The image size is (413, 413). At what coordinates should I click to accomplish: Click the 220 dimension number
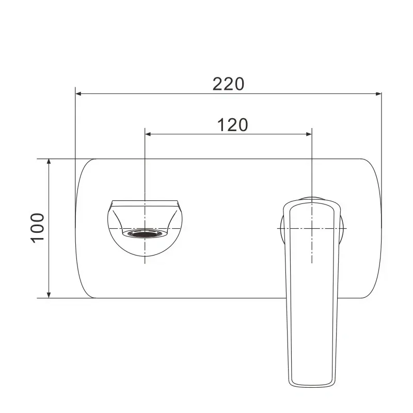point(228,84)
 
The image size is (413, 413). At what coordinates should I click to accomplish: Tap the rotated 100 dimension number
point(37,228)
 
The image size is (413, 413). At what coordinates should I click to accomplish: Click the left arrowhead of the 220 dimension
point(79,93)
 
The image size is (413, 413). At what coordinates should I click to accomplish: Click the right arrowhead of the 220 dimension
point(378,93)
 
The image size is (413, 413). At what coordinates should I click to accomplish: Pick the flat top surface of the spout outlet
point(146,200)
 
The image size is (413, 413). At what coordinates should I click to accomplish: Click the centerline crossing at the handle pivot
point(312,228)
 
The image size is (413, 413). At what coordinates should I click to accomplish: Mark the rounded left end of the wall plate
point(77,228)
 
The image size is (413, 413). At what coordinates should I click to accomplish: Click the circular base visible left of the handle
point(281,228)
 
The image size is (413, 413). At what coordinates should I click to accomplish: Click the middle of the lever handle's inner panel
point(310,289)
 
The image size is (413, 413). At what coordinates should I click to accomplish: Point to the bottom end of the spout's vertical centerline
point(146,263)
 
